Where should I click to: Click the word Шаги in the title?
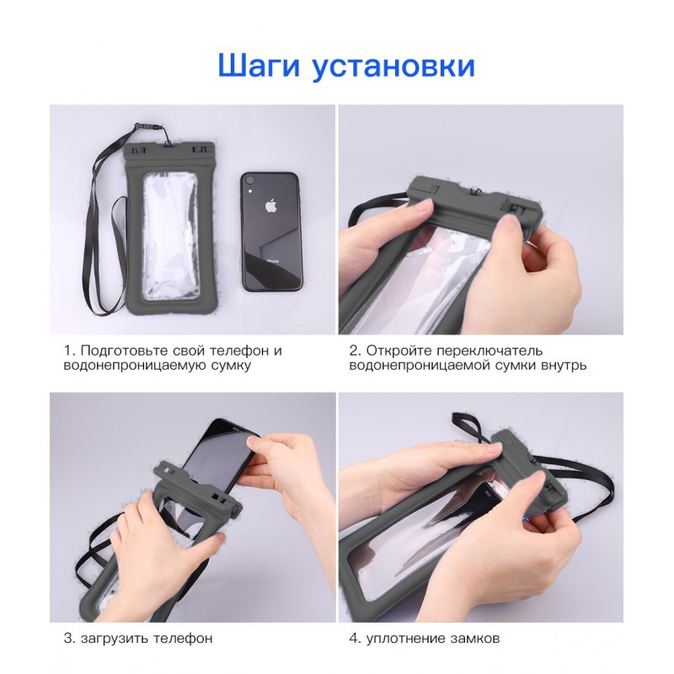tap(259, 67)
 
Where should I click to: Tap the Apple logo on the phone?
tap(270, 206)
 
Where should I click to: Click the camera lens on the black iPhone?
tap(249, 179)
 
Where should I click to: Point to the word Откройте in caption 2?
tap(399, 350)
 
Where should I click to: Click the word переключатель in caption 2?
tap(489, 351)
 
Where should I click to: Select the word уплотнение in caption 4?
tap(406, 639)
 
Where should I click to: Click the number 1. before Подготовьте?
tap(70, 350)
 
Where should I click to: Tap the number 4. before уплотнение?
tap(355, 639)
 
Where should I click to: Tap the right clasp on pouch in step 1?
tap(200, 151)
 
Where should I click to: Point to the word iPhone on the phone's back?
tap(271, 261)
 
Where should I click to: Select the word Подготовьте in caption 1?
tap(124, 351)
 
